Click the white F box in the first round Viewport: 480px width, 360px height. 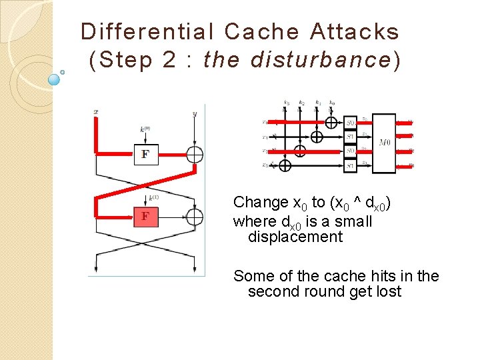click(145, 155)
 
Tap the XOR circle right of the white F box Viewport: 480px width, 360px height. click(194, 154)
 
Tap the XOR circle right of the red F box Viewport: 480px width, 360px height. click(194, 217)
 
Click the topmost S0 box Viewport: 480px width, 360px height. click(351, 123)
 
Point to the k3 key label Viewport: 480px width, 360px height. click(285, 103)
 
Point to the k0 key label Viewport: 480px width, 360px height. click(331, 103)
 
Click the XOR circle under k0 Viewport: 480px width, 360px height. click(331, 122)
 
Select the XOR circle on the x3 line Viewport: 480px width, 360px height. click(285, 165)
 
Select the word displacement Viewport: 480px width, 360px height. click(295, 237)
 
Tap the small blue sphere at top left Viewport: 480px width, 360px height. click(55, 79)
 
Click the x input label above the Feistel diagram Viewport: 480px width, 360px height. click(97, 112)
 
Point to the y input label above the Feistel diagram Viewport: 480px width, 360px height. click(194, 113)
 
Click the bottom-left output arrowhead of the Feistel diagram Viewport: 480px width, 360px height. click(97, 270)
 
